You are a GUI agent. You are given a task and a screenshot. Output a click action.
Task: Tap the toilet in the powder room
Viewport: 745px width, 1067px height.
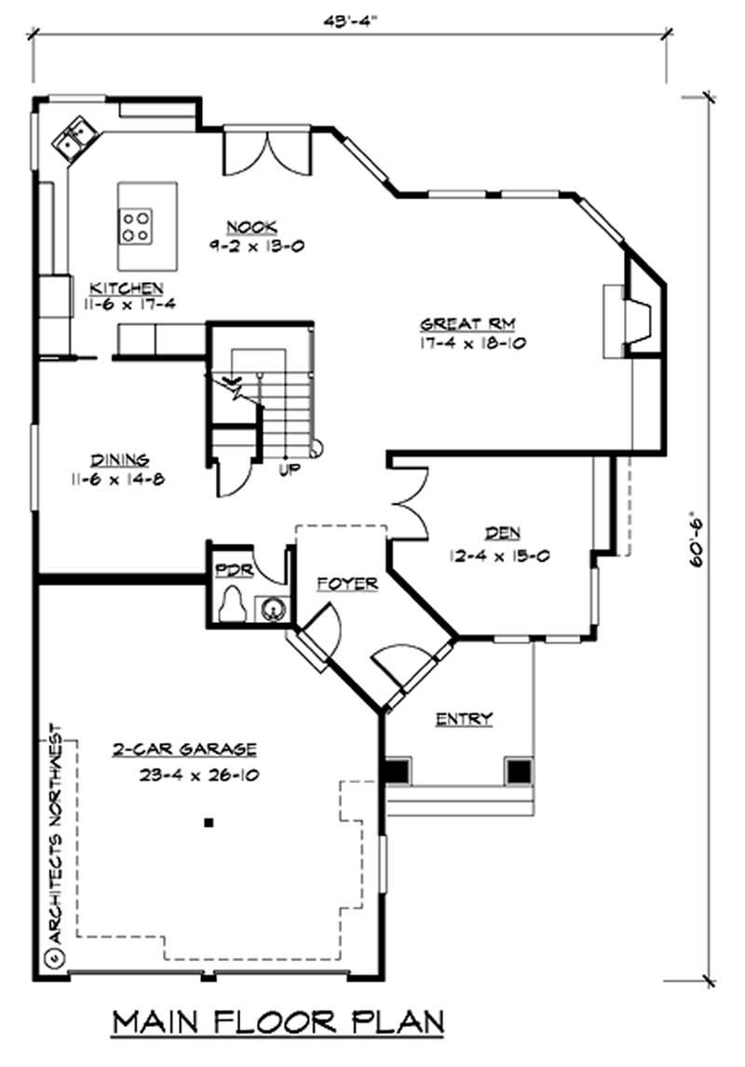click(230, 605)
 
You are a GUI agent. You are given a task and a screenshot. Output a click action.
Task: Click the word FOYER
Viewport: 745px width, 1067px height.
click(346, 584)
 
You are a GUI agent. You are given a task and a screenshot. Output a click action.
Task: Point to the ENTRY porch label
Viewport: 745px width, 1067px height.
click(464, 718)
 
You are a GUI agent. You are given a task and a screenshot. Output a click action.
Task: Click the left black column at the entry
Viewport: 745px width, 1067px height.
click(397, 771)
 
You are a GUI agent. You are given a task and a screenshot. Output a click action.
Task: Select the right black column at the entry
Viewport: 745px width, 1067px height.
click(518, 771)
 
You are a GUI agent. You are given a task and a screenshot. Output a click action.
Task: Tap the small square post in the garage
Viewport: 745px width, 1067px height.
click(210, 822)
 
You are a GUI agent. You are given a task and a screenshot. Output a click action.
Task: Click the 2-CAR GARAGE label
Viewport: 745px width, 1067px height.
click(184, 749)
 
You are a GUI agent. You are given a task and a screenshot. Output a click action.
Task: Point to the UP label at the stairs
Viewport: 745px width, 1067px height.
click(289, 470)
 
